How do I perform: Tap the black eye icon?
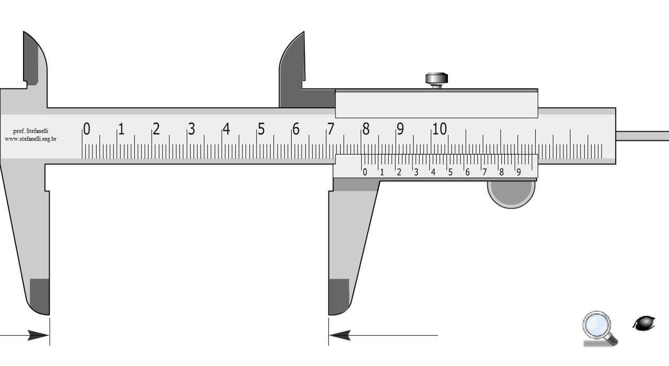pos(644,323)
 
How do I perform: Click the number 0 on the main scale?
pos(87,129)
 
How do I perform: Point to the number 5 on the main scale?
pos(261,129)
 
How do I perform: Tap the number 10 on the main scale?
pos(440,129)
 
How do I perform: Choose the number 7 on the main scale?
pos(331,129)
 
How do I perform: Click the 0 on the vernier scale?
pos(365,172)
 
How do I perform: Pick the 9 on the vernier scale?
pos(519,172)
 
